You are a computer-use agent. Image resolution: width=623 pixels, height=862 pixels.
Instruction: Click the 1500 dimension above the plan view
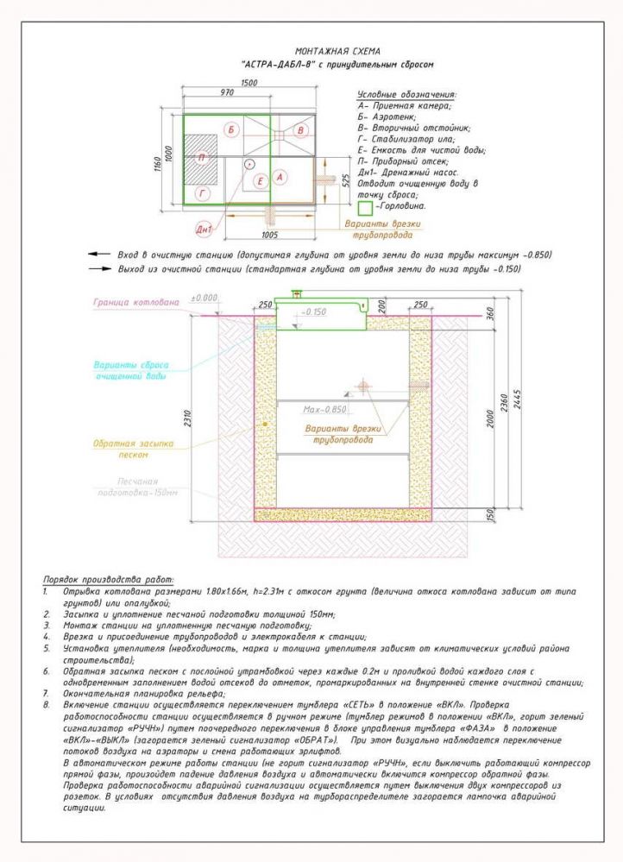pyautogui.click(x=249, y=82)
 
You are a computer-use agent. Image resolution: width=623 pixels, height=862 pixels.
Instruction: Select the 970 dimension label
pyautogui.click(x=228, y=91)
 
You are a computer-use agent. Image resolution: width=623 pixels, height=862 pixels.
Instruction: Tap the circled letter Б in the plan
pyautogui.click(x=231, y=129)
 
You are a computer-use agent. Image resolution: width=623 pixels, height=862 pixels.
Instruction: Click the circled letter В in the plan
pyautogui.click(x=299, y=129)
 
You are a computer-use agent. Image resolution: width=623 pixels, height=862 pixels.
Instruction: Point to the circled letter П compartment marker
pyautogui.click(x=201, y=158)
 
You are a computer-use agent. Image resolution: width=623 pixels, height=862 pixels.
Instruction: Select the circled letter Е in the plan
pyautogui.click(x=259, y=181)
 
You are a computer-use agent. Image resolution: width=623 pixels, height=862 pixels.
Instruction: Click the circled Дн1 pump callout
pyautogui.click(x=205, y=229)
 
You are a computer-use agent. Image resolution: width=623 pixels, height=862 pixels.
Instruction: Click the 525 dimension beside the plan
pyautogui.click(x=344, y=179)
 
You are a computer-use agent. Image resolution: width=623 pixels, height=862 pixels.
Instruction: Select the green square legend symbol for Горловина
pyautogui.click(x=365, y=208)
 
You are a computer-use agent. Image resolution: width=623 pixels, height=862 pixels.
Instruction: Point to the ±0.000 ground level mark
pyautogui.click(x=205, y=297)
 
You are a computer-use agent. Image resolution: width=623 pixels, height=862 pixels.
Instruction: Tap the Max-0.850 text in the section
pyautogui.click(x=324, y=410)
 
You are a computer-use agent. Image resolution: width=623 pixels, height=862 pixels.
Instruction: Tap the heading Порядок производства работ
pyautogui.click(x=109, y=579)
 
